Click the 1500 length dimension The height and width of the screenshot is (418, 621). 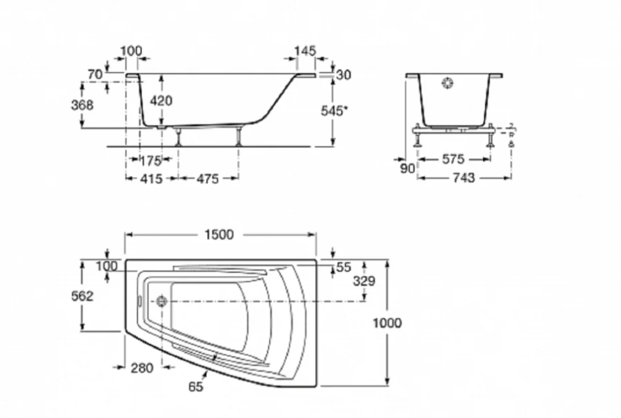point(220,235)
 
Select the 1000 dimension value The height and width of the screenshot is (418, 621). point(387,323)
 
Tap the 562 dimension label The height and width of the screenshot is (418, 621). point(82,296)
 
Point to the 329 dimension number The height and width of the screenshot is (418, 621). point(364,281)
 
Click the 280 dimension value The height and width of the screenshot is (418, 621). point(141,369)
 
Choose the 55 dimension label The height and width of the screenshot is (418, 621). point(344,266)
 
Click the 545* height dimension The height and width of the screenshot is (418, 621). point(335,111)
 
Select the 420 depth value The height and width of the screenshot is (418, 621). point(161,101)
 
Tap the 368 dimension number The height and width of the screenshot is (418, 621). point(82,104)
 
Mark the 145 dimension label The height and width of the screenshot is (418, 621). point(305,51)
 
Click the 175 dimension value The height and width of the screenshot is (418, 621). point(151,161)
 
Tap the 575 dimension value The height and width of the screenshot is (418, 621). point(454,160)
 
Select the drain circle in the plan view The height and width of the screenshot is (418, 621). point(163,302)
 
